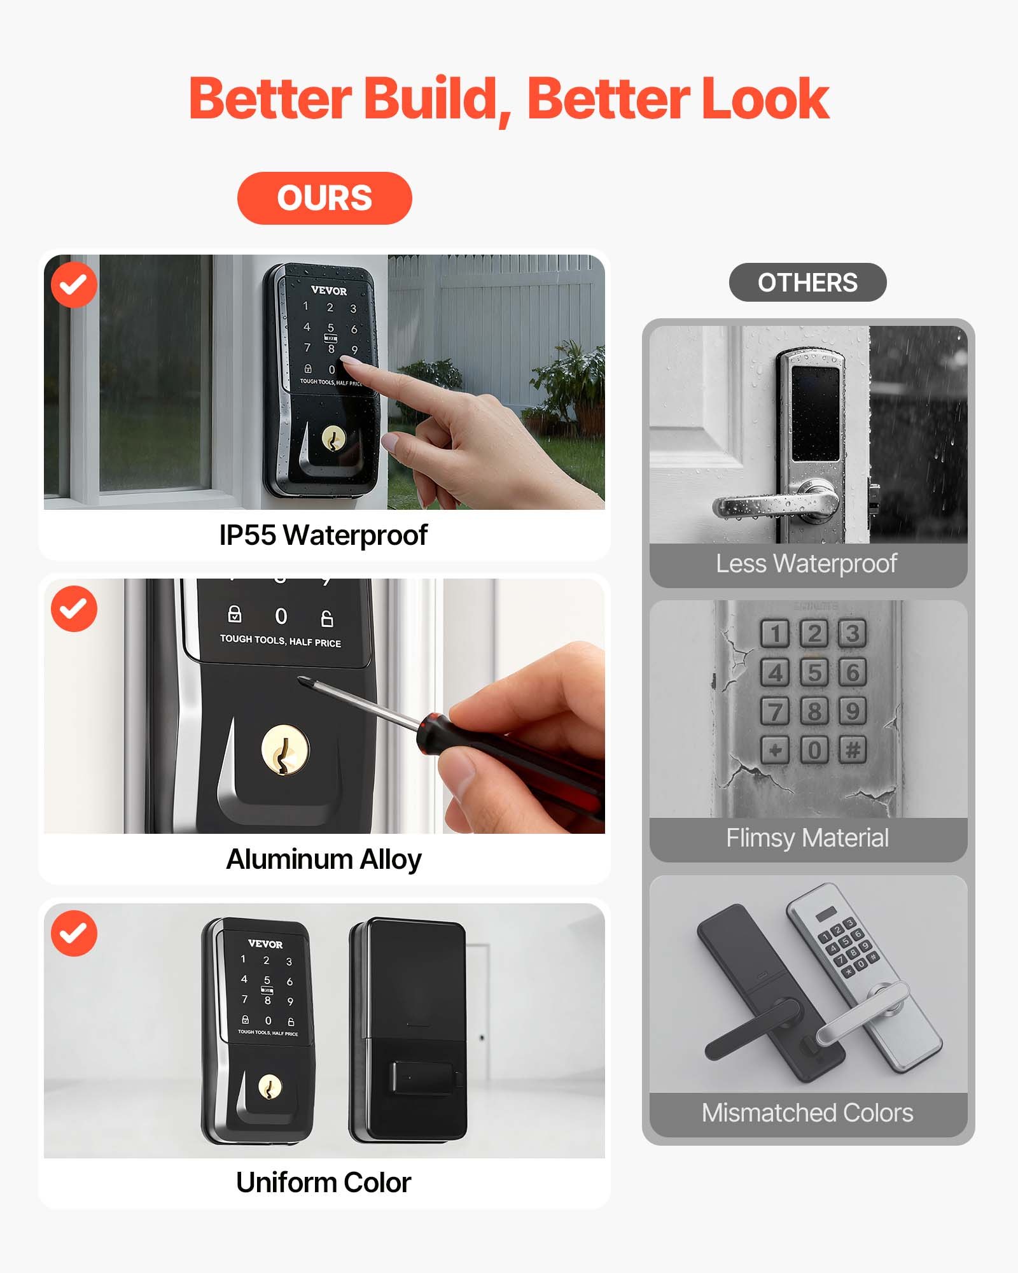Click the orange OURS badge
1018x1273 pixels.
tap(324, 198)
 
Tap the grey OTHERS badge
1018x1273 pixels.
tap(807, 283)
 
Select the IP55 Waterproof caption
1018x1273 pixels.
tap(323, 535)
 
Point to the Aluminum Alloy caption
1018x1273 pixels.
tap(323, 859)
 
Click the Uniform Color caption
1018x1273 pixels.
tap(323, 1183)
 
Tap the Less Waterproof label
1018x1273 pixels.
tap(807, 563)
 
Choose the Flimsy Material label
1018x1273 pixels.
tap(807, 838)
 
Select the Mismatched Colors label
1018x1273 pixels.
tap(807, 1113)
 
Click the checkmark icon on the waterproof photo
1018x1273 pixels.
tap(74, 285)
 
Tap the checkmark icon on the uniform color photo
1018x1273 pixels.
tap(74, 933)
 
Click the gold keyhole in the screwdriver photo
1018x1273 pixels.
tap(286, 752)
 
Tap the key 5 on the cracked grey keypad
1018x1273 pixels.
tap(814, 673)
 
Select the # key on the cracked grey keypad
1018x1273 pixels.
tap(853, 750)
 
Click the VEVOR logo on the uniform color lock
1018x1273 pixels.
tap(265, 944)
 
